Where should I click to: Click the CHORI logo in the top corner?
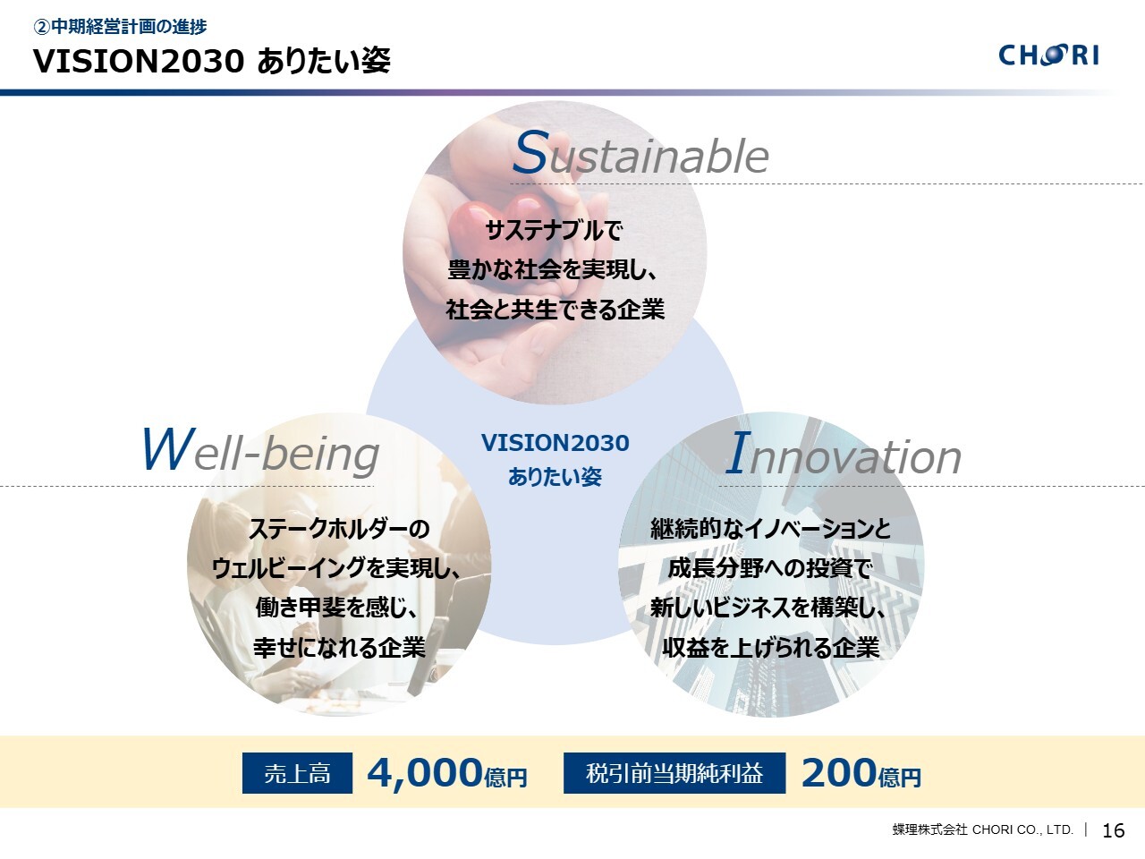click(1048, 55)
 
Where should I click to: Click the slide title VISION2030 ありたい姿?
click(212, 61)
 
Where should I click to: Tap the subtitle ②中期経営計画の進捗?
click(120, 26)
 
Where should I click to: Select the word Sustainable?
click(640, 153)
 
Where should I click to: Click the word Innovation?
click(843, 455)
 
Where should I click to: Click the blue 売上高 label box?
click(297, 773)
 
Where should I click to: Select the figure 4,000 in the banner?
click(425, 773)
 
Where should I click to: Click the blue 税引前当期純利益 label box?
click(674, 773)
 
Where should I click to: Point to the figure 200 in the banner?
click(839, 773)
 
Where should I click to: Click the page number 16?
click(1113, 830)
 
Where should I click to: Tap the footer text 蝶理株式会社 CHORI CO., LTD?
click(983, 829)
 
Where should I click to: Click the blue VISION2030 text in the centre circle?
click(555, 443)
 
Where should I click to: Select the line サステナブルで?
click(554, 231)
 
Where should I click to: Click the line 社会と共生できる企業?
click(555, 310)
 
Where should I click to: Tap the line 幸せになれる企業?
click(339, 647)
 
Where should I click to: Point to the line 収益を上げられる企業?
click(771, 647)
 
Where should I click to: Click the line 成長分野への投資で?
click(770, 568)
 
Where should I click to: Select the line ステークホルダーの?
click(339, 529)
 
